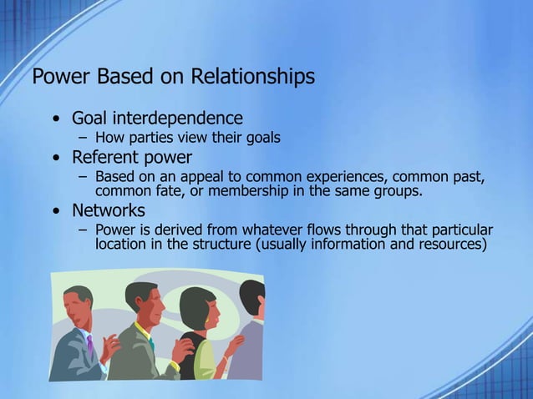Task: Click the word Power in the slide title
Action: pyautogui.click(x=61, y=77)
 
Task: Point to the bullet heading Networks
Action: pyautogui.click(x=109, y=210)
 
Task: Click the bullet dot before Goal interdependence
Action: pyautogui.click(x=56, y=119)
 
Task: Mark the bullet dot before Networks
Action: pyautogui.click(x=56, y=211)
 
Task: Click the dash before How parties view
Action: pyautogui.click(x=83, y=138)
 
